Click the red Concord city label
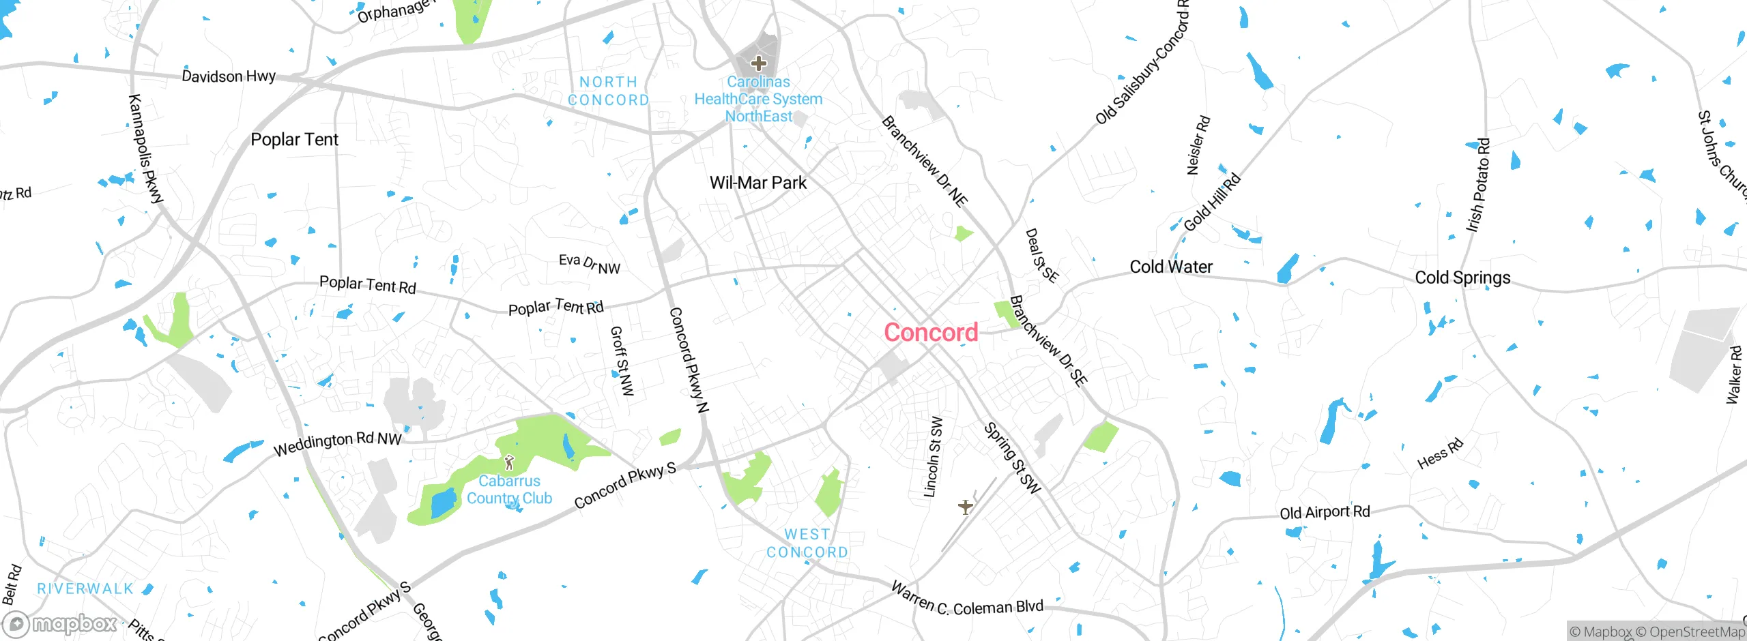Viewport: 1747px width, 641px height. point(931,333)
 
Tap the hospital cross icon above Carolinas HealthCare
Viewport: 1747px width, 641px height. point(758,63)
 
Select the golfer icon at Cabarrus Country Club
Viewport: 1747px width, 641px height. point(509,463)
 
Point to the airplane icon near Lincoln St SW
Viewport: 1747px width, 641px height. point(965,507)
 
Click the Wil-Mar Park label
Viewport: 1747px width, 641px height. point(758,183)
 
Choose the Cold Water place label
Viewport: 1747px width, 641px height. point(1171,267)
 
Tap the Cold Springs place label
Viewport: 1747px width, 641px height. point(1462,278)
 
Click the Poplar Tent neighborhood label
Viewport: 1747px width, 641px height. point(294,140)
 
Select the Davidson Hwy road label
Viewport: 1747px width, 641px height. point(229,76)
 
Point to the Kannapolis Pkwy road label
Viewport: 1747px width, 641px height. point(146,149)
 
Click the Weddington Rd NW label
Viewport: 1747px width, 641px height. point(337,443)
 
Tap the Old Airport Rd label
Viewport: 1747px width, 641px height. point(1325,512)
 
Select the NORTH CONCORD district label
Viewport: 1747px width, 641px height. point(608,91)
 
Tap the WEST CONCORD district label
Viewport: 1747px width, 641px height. point(807,543)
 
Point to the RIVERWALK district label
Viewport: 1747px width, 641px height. point(85,588)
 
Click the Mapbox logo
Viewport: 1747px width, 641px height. point(60,624)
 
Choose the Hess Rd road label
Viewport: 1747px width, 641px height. point(1440,454)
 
